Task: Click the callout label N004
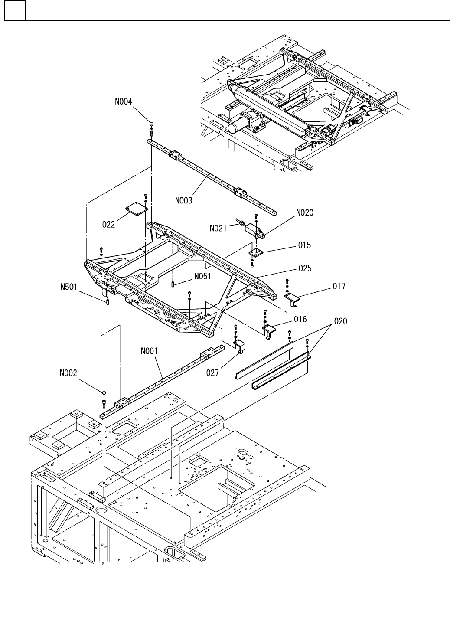(124, 102)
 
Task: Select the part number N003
(183, 200)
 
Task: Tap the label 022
(108, 224)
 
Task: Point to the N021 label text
(218, 228)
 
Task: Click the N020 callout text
(305, 212)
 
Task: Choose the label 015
(304, 245)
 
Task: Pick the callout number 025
(305, 268)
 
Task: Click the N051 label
(202, 276)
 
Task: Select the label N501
(69, 287)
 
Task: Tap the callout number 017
(339, 286)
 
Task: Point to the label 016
(300, 319)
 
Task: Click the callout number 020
(341, 321)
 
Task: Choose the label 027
(212, 373)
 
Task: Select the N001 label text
(149, 351)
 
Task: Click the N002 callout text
(68, 373)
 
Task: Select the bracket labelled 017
(293, 299)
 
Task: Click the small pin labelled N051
(173, 284)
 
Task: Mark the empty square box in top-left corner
(15, 10)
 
